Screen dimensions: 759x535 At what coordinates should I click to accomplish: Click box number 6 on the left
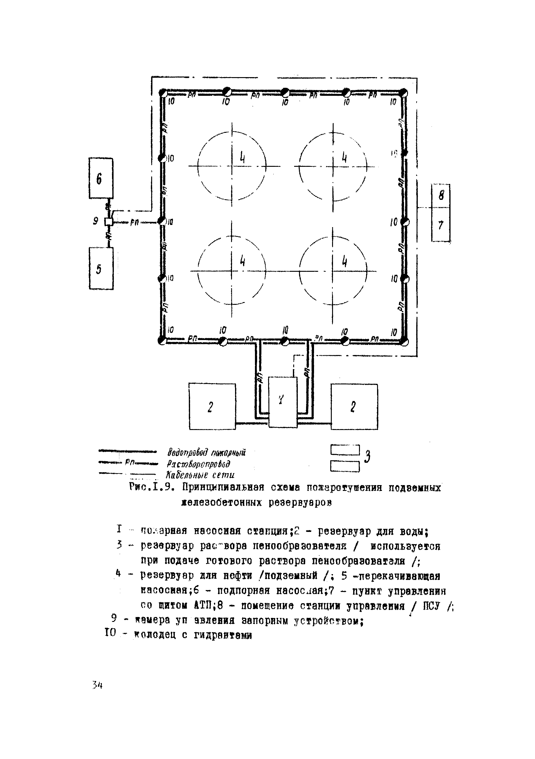[101, 178]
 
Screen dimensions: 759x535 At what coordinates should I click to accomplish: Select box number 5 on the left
[101, 268]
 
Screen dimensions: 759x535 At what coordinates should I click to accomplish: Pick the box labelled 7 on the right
[441, 225]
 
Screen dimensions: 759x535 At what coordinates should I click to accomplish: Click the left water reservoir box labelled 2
[212, 406]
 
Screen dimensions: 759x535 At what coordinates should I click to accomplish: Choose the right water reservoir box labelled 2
[354, 407]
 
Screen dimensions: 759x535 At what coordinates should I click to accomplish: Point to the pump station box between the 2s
[282, 402]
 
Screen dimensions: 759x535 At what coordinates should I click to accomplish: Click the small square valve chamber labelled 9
[108, 222]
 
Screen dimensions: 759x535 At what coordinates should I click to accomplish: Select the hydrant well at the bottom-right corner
[404, 342]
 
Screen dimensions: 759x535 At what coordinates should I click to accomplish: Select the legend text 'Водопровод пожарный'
[206, 452]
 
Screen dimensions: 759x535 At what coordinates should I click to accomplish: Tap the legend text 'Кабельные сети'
[200, 475]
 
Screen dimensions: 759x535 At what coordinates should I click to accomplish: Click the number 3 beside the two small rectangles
[367, 457]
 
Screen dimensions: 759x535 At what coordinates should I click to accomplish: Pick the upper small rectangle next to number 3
[345, 450]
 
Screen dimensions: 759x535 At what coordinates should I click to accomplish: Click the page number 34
[98, 685]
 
